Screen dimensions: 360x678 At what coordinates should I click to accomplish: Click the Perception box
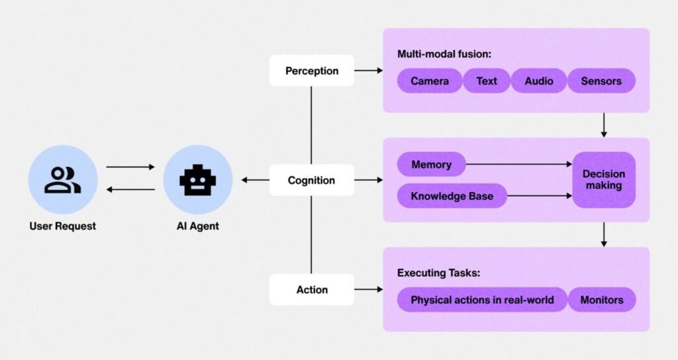pos(311,70)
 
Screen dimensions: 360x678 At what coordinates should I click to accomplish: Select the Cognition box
pos(311,180)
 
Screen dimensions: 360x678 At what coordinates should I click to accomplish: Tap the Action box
pos(311,290)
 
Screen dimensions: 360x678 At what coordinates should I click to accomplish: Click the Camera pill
pos(429,81)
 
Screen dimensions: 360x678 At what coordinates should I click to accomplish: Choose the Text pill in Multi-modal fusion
pos(486,81)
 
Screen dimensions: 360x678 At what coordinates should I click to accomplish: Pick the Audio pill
pos(538,81)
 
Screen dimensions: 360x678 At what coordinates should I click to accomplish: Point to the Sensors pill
pos(601,81)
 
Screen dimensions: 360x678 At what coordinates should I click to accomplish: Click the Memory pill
pos(431,164)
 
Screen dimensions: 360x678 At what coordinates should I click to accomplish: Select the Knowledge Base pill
pos(452,196)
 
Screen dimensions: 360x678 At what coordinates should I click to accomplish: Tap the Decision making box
pos(603,180)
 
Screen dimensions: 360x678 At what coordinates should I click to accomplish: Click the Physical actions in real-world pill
pos(482,300)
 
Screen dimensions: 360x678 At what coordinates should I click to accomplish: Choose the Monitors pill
pos(602,300)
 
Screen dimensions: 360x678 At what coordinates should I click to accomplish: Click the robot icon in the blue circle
pos(198,180)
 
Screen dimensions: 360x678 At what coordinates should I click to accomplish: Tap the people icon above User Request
pos(63,180)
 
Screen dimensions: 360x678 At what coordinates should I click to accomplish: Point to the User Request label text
pos(63,226)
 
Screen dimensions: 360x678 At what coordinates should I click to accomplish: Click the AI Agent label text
pos(198,226)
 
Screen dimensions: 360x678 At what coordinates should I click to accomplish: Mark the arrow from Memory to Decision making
pos(519,164)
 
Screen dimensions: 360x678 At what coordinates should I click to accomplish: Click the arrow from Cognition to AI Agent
pos(255,180)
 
